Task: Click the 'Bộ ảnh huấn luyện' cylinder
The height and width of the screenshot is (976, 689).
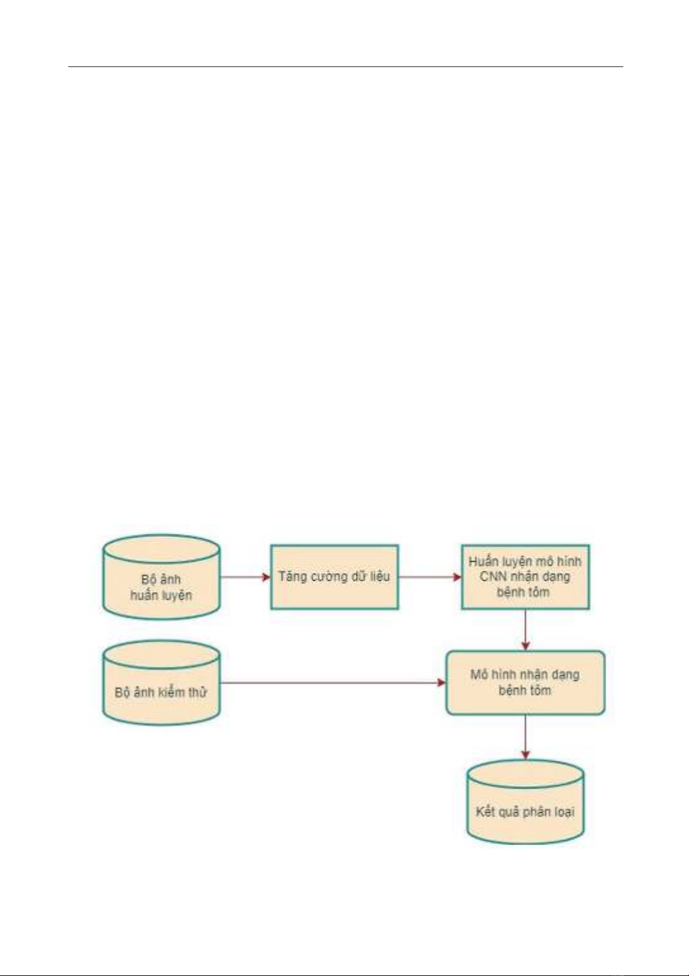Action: pyautogui.click(x=161, y=577)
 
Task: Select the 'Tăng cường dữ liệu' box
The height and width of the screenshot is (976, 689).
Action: pyautogui.click(x=334, y=576)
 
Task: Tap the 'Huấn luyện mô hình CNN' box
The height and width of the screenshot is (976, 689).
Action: pyautogui.click(x=525, y=576)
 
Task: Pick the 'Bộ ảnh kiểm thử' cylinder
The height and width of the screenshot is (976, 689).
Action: pyautogui.click(x=161, y=683)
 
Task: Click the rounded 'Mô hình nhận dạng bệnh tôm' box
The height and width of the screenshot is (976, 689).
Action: pyautogui.click(x=525, y=683)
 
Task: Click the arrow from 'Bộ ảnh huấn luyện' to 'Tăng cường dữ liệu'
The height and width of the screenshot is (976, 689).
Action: pyautogui.click(x=245, y=577)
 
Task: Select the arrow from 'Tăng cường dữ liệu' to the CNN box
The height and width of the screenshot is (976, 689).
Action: pyautogui.click(x=430, y=577)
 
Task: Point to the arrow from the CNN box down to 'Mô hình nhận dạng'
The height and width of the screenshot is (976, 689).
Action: pyautogui.click(x=526, y=630)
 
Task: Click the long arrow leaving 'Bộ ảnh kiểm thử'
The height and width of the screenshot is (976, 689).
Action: pyautogui.click(x=332, y=683)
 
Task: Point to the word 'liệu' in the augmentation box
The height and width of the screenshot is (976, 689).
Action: pyautogui.click(x=379, y=576)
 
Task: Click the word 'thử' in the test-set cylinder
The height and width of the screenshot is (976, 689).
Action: pyautogui.click(x=197, y=691)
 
